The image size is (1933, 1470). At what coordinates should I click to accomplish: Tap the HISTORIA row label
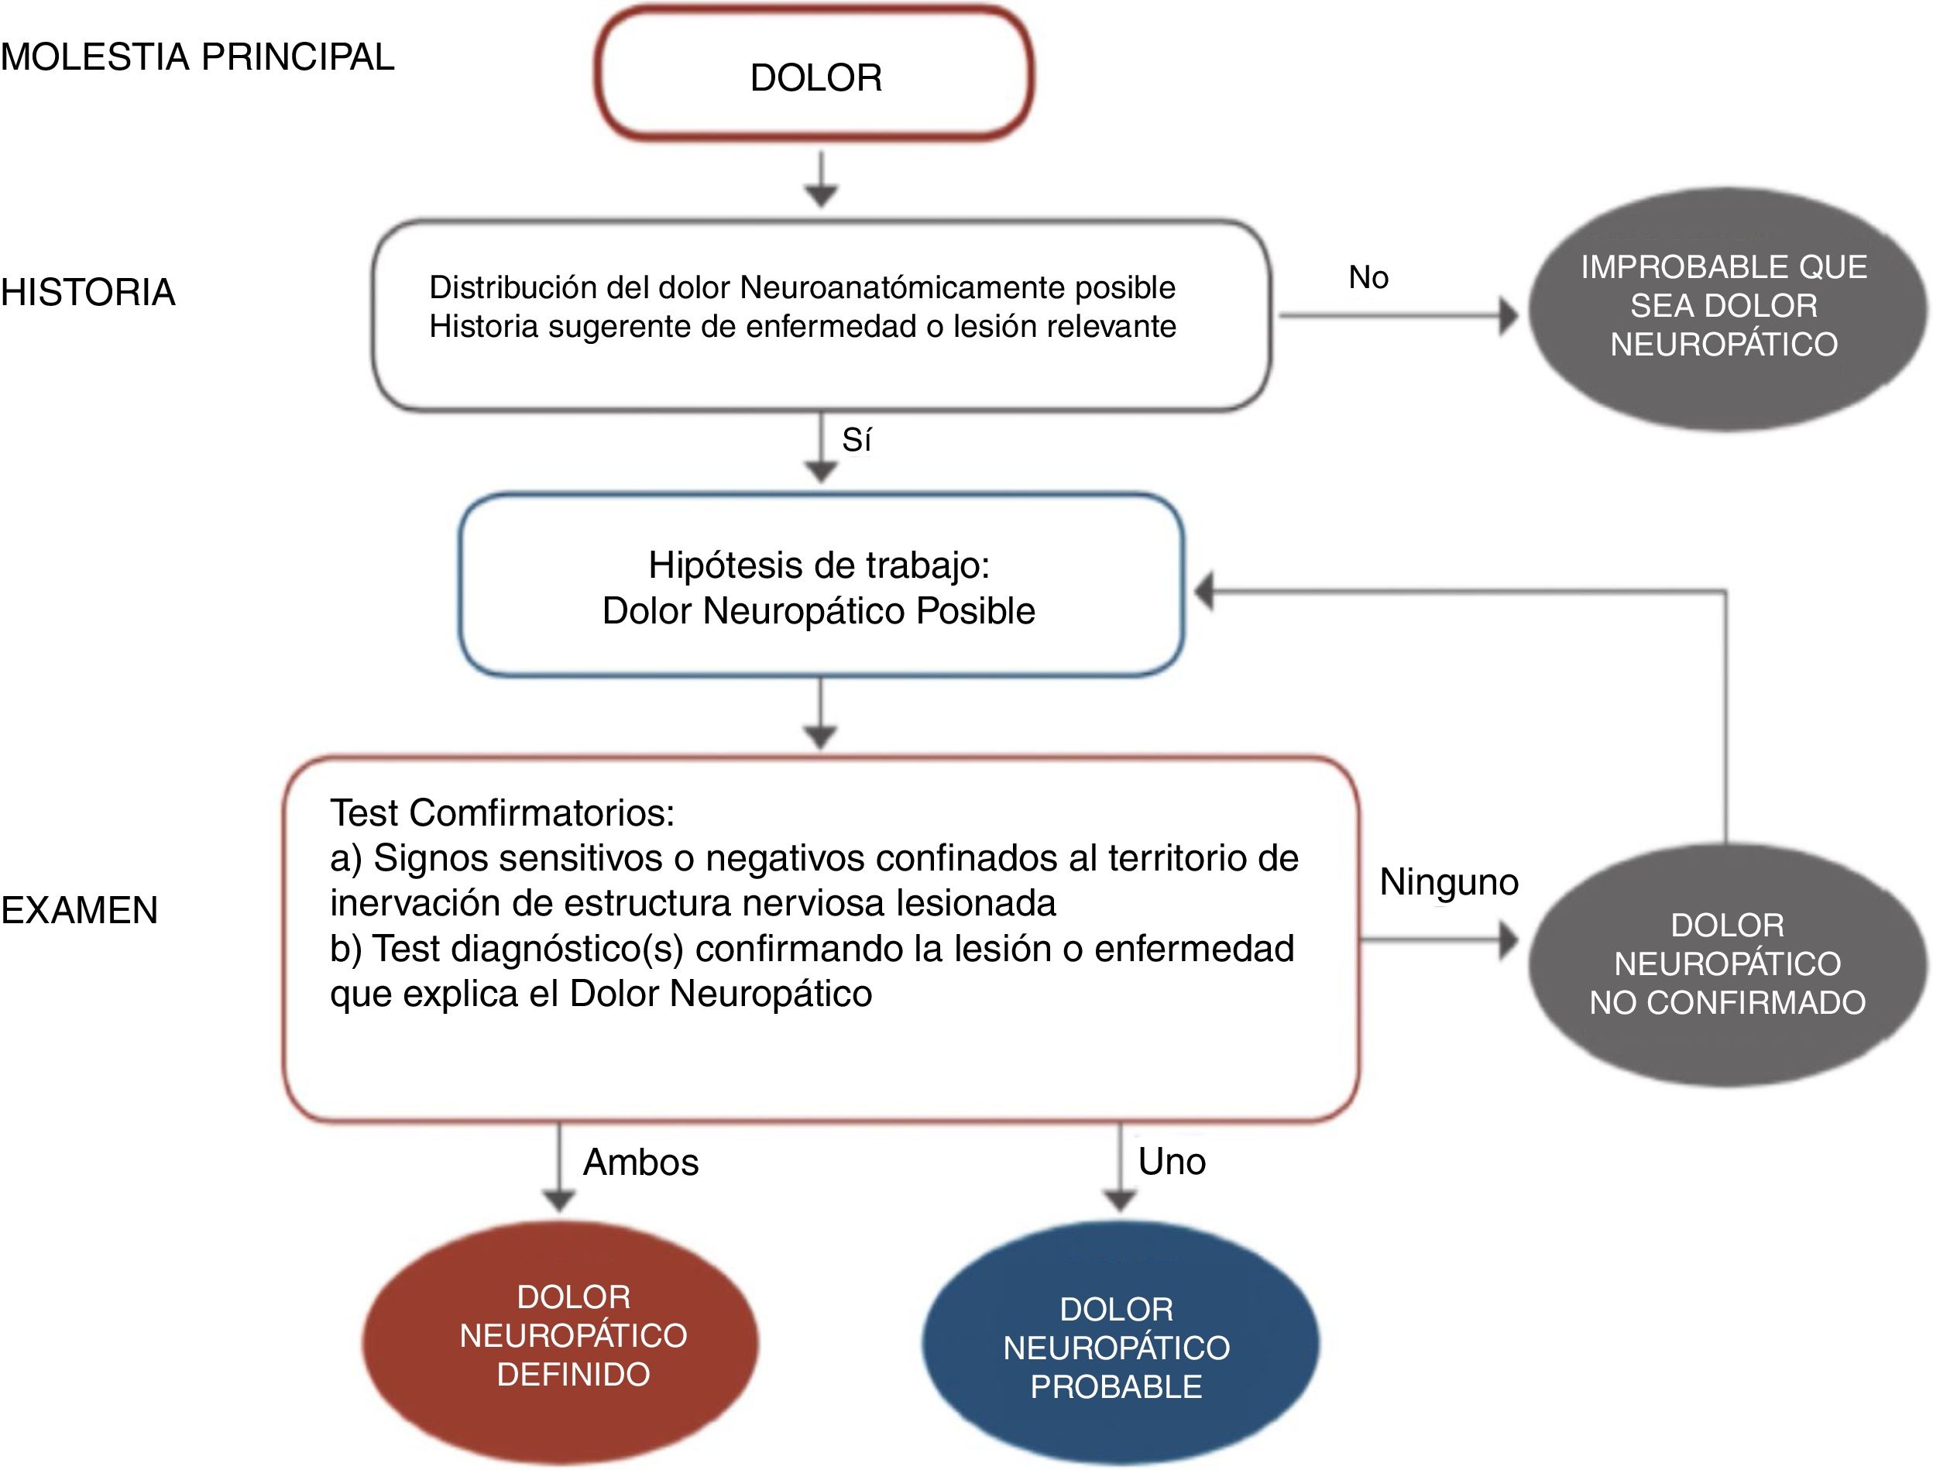coord(88,292)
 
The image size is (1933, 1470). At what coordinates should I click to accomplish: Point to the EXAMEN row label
coord(80,910)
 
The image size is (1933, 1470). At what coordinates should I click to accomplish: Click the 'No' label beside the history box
coord(1368,277)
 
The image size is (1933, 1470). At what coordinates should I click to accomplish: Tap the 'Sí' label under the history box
coord(857,439)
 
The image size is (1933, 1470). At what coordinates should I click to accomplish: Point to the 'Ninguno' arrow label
coord(1449,882)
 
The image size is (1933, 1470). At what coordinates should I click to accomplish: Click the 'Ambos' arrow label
coord(641,1162)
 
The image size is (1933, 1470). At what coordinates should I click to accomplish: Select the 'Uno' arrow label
coord(1172,1161)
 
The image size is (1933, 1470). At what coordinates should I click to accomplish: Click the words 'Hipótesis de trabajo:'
coord(819,565)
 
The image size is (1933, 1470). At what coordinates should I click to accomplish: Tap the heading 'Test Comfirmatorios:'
coord(503,813)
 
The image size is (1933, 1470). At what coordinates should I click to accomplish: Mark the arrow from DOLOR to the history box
coord(821,180)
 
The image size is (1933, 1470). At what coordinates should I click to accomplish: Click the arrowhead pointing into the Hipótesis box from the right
coord(1205,592)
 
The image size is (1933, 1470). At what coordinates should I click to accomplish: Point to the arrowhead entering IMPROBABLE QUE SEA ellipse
coord(1508,316)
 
